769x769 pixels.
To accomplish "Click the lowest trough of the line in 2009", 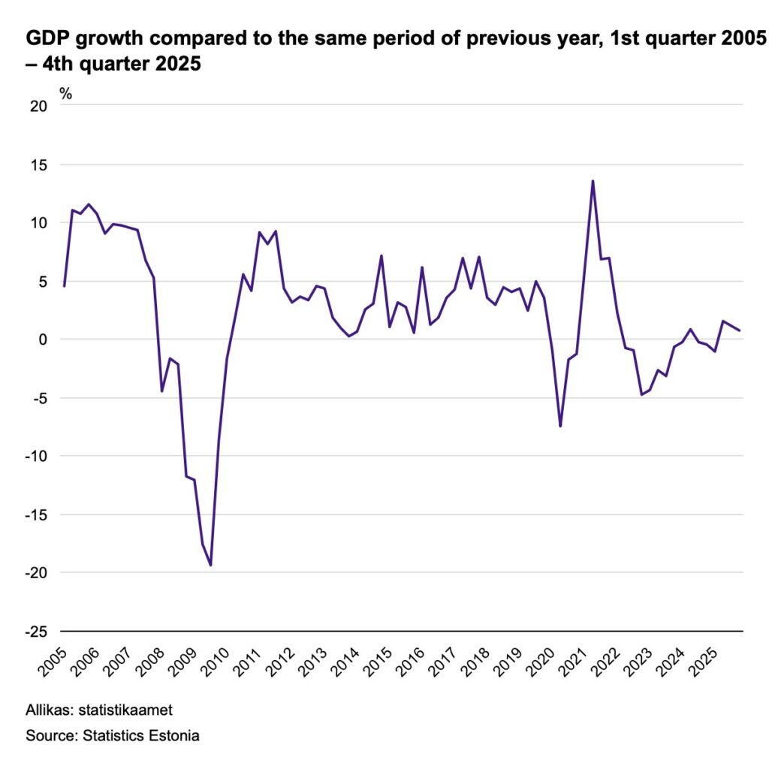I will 211,565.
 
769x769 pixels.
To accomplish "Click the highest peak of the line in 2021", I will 593,180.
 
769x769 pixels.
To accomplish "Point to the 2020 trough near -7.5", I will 560,427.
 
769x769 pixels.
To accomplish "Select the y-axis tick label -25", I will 36,632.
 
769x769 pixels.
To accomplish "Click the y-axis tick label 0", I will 43,339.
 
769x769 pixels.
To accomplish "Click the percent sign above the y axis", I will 66,94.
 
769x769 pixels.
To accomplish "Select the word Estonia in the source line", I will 173,735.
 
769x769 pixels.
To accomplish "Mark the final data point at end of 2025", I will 739,330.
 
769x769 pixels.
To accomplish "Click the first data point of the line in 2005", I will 65,286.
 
